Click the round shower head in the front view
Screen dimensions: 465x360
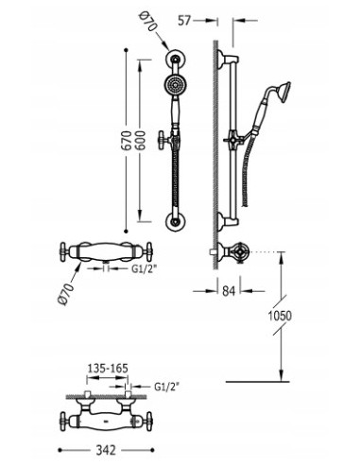coord(175,86)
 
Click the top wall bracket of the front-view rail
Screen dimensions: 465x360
coord(175,60)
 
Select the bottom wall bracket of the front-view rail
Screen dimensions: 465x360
coord(175,223)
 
